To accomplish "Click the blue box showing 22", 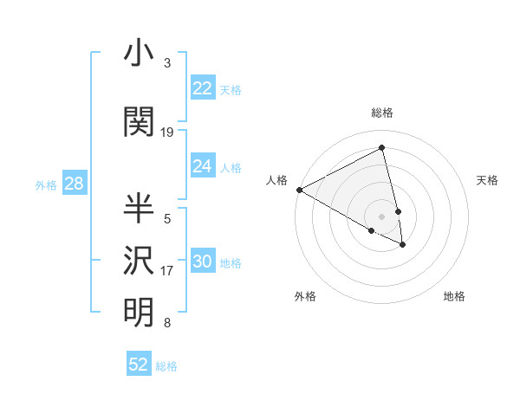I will [x=202, y=88].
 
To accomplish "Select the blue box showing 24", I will [x=202, y=166].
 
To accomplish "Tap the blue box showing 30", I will [x=202, y=262].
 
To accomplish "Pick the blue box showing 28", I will [x=74, y=184].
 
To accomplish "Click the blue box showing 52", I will [x=139, y=365].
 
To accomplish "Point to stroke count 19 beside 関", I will [x=167, y=132].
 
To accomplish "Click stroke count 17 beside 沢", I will [x=167, y=271].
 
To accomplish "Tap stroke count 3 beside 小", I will [x=167, y=63].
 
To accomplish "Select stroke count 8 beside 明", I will [x=167, y=323].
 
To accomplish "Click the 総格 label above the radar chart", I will [x=381, y=113].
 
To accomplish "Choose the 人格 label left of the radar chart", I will [x=276, y=180].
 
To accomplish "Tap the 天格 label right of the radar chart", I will [x=487, y=180].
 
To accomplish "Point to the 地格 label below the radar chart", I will [x=454, y=296].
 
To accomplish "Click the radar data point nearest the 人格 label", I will [x=299, y=190].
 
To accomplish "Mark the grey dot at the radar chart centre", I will [x=381, y=215].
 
